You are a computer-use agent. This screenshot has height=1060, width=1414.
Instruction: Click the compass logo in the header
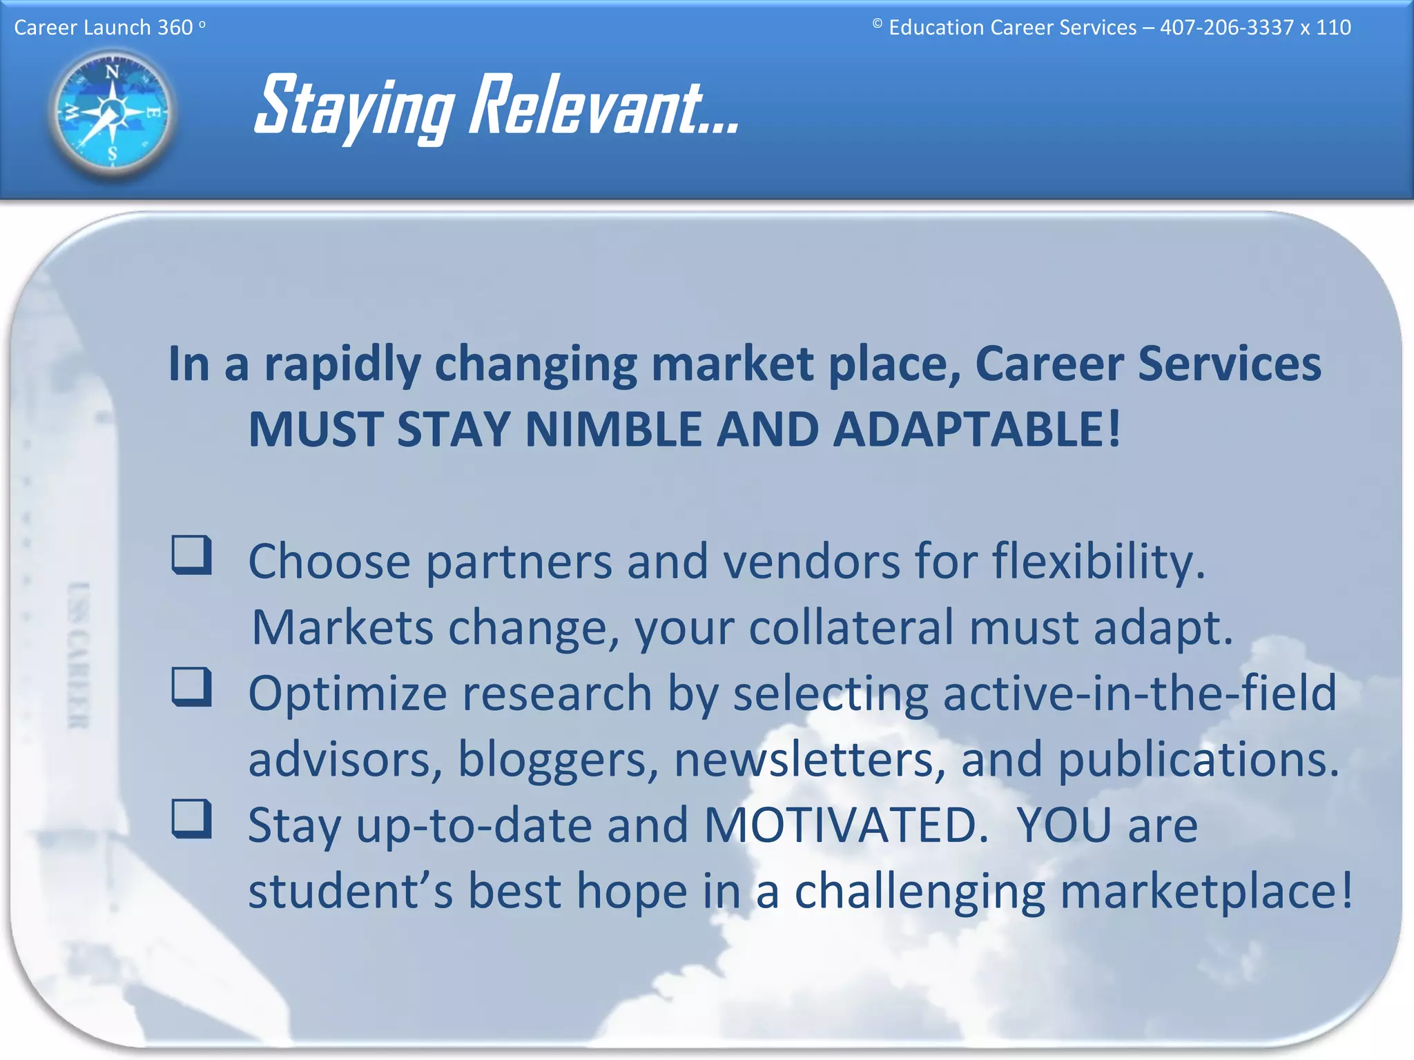[112, 112]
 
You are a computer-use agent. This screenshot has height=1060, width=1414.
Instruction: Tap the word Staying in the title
[354, 107]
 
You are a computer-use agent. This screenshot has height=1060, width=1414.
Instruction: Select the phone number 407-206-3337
[1226, 28]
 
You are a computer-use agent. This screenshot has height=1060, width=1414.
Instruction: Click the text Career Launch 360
[104, 28]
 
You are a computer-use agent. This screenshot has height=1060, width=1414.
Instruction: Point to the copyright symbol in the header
[877, 24]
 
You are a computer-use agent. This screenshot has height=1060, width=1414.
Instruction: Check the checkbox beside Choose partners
[191, 554]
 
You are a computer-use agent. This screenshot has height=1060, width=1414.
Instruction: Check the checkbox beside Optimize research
[191, 687]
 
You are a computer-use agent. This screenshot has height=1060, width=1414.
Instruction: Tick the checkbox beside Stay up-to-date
[191, 818]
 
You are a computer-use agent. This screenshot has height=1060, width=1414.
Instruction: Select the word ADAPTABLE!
[976, 430]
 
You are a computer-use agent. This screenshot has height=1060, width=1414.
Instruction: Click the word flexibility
[1098, 561]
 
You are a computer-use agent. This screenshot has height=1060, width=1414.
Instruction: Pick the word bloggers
[558, 759]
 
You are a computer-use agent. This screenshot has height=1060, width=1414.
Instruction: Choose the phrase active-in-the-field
[1139, 693]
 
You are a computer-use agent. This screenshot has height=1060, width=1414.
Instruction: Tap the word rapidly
[342, 364]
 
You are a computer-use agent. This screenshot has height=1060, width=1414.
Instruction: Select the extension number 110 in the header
[1333, 28]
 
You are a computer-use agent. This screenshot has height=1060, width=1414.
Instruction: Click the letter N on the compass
[112, 72]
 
